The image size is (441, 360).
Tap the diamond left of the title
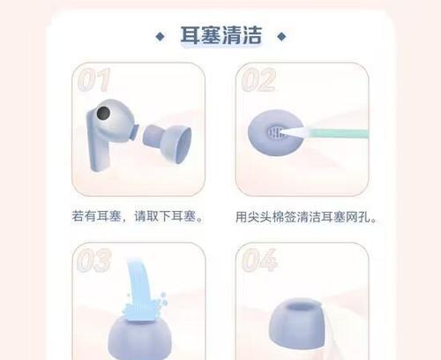click(x=160, y=37)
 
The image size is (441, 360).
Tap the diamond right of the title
click(x=281, y=37)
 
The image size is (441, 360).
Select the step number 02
click(x=257, y=80)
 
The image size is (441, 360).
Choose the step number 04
click(x=257, y=261)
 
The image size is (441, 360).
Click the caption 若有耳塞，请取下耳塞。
click(x=139, y=215)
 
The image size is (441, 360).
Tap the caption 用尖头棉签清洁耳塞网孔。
click(x=308, y=215)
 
